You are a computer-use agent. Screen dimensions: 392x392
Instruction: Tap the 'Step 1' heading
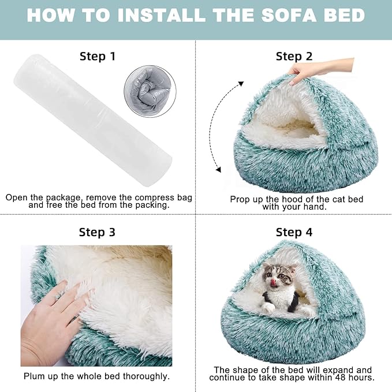[x=97, y=56]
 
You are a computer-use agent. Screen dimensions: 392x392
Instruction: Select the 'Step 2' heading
[x=294, y=56]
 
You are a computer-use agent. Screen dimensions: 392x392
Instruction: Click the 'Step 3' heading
[x=97, y=232]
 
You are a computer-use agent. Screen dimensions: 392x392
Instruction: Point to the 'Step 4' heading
[x=294, y=232]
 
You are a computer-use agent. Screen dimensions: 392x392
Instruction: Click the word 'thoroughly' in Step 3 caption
[x=147, y=376]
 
